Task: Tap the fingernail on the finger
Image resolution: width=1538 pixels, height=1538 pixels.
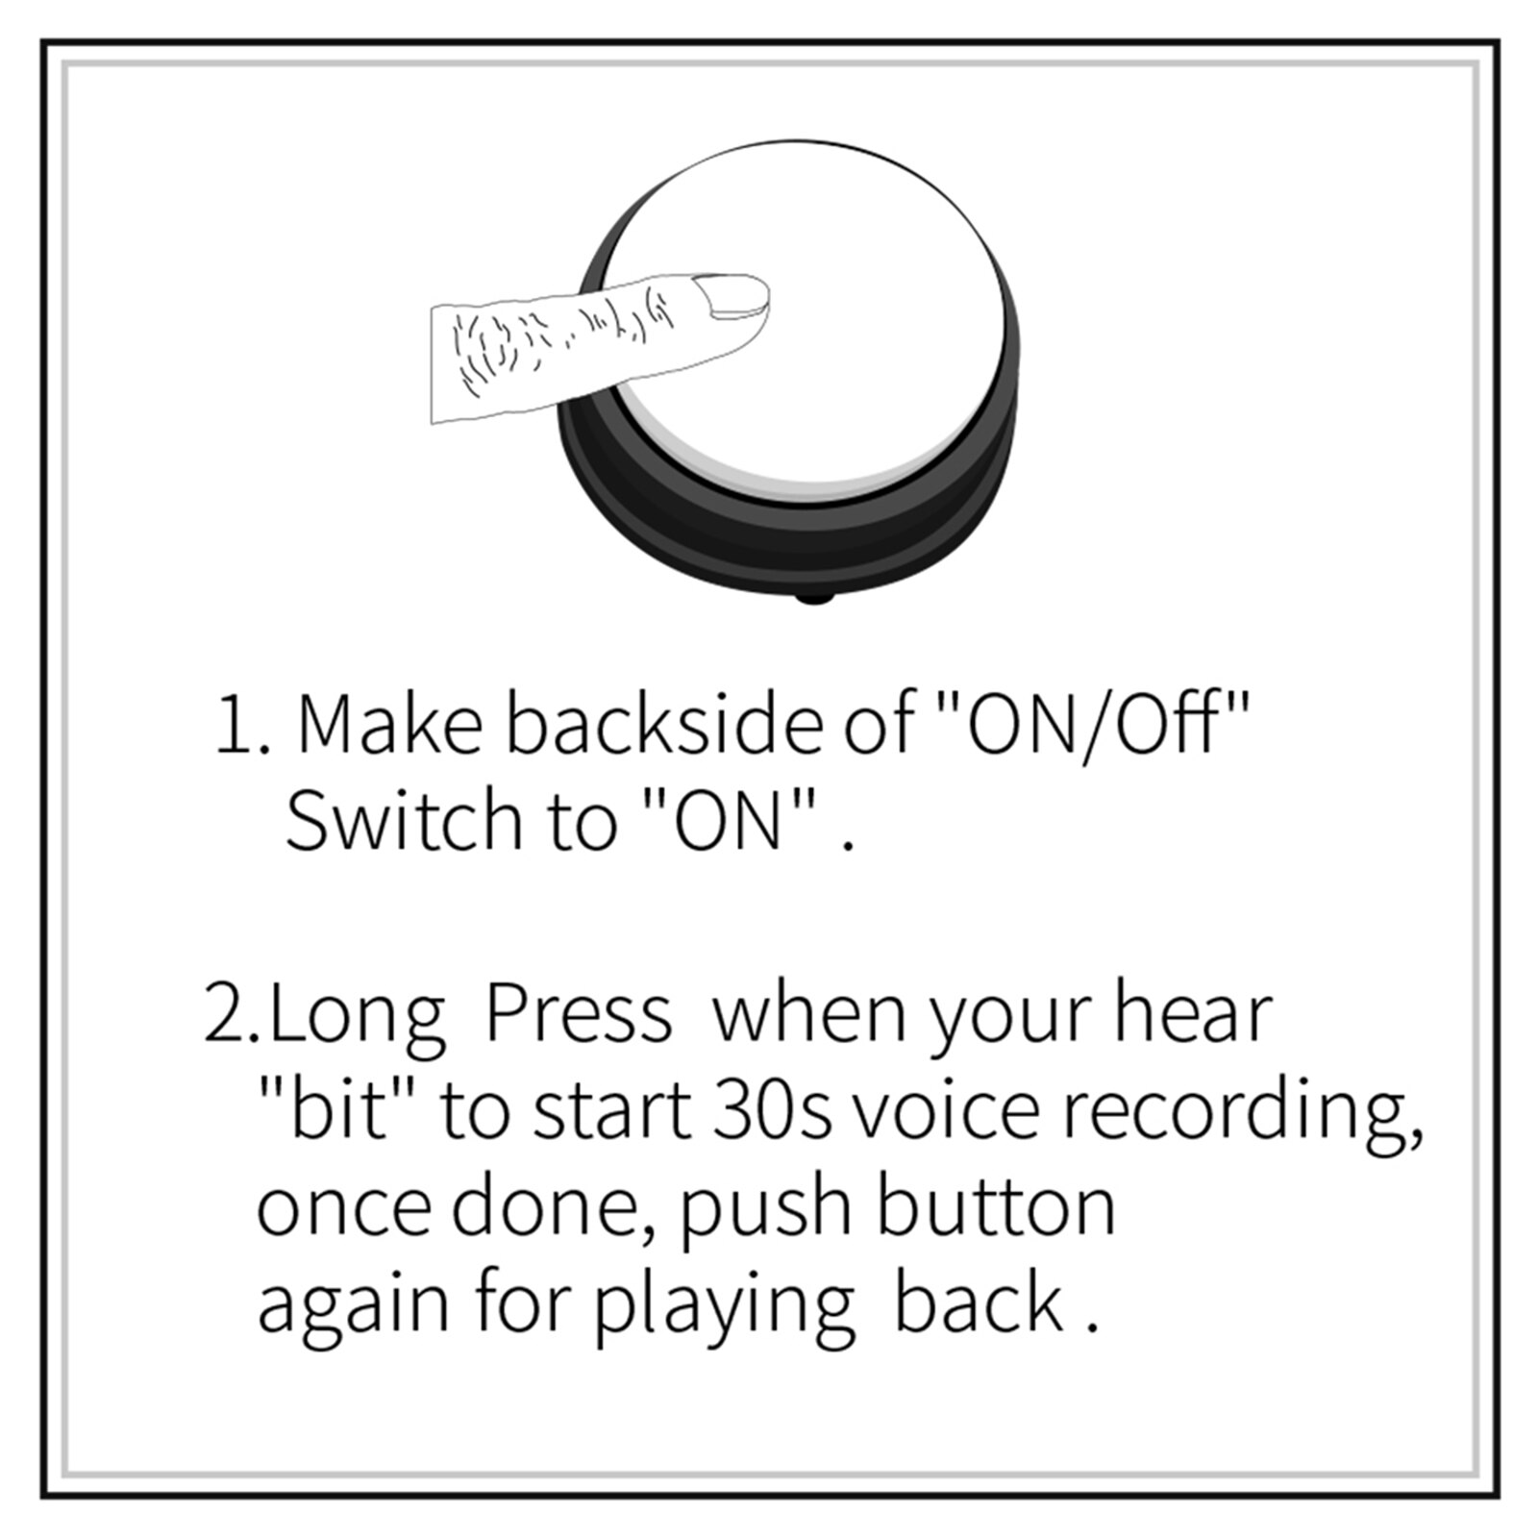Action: click(732, 297)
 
